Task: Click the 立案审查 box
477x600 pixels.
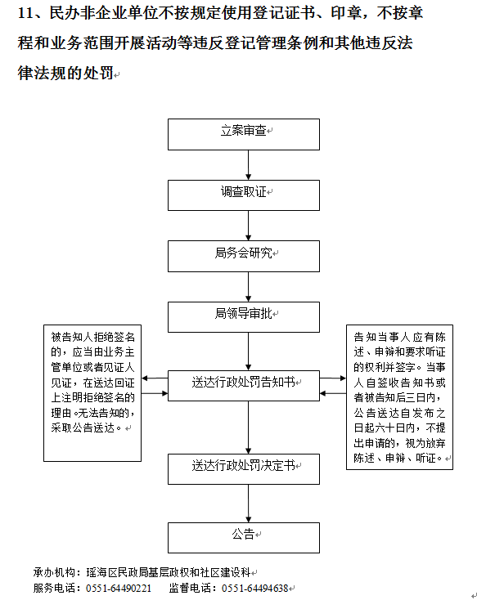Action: coord(244,134)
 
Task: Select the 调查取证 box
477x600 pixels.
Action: coord(244,195)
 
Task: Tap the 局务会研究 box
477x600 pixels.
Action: coord(244,257)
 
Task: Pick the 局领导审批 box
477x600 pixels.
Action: coord(244,317)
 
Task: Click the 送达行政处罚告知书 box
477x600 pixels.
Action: coord(244,386)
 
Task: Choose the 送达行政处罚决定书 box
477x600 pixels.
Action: coord(244,469)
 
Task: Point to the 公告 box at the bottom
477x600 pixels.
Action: coord(244,538)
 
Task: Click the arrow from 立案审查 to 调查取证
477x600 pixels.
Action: coord(248,165)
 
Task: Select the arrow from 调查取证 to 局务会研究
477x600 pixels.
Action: coord(248,226)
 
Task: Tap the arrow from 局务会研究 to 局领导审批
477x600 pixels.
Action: coord(248,287)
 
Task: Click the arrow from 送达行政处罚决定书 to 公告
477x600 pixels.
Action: coord(248,504)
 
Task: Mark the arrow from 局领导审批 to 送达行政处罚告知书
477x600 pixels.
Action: coord(248,351)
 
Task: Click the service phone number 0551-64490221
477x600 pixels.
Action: coord(119,588)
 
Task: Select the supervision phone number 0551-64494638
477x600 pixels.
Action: coord(254,588)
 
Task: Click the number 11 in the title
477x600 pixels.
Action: coord(25,13)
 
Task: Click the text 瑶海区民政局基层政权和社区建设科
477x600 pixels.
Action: coord(169,572)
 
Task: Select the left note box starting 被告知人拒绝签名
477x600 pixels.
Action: coord(92,393)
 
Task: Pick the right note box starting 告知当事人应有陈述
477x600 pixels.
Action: coord(399,397)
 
